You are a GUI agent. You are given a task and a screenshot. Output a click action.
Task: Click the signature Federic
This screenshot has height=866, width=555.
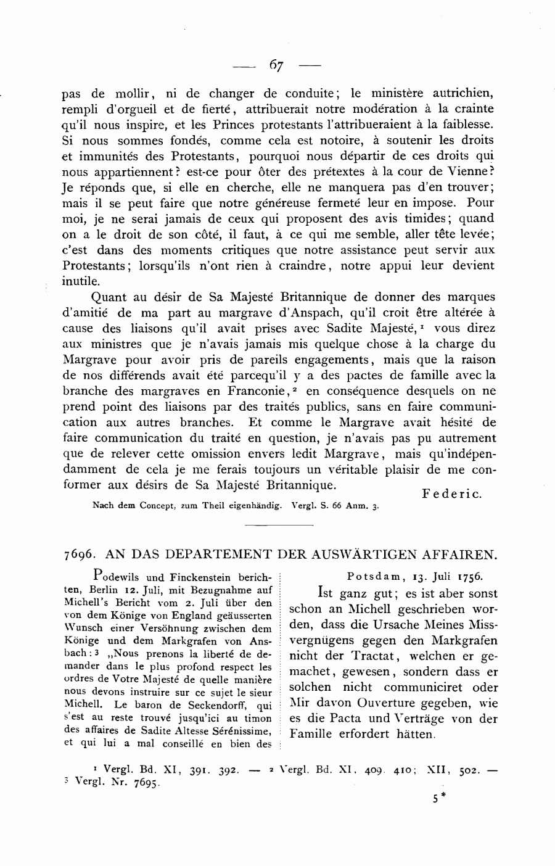point(451,493)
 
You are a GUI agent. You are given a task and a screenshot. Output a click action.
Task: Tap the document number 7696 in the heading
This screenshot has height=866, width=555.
point(76,554)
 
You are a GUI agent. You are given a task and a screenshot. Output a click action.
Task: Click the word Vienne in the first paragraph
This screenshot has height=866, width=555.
point(468,171)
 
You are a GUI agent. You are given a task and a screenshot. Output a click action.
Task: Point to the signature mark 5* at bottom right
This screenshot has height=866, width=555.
point(438,797)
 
